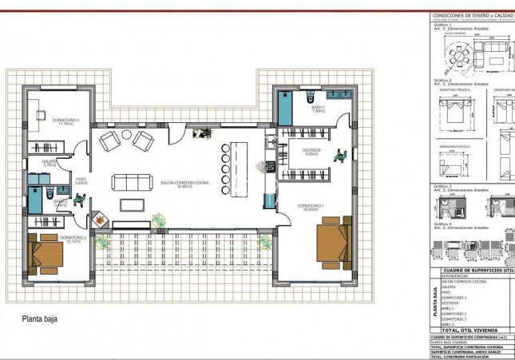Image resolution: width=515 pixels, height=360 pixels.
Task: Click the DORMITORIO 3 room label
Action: (x=63, y=121)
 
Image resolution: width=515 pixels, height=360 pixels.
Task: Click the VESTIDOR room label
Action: (x=311, y=152)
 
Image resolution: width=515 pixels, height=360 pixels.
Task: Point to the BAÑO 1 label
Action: (x=317, y=109)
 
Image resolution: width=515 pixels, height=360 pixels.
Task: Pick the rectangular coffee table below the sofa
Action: (x=133, y=204)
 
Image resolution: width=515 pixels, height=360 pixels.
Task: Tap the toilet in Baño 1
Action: (x=309, y=98)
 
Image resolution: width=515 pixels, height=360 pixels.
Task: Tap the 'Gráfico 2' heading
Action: (x=443, y=81)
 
